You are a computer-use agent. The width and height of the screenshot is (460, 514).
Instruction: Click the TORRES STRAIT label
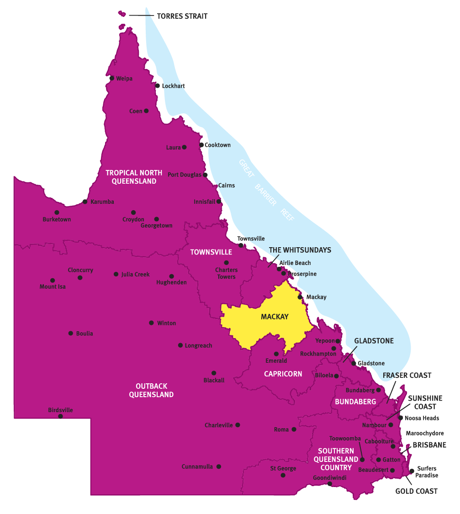click(182, 16)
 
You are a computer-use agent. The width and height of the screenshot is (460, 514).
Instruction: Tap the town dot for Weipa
click(112, 78)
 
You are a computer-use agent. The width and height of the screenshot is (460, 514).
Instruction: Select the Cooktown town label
click(218, 145)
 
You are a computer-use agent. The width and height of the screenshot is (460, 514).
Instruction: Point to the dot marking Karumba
click(85, 201)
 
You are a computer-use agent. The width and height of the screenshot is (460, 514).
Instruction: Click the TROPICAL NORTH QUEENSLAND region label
click(134, 177)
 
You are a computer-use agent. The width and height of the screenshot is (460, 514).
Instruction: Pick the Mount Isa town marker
click(53, 280)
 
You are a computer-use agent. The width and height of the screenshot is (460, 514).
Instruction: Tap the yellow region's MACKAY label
click(275, 317)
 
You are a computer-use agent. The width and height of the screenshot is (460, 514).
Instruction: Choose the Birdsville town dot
click(60, 416)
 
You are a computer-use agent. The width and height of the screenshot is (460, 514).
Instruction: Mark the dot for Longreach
click(180, 345)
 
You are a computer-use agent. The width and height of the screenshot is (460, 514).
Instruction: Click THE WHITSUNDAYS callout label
click(300, 250)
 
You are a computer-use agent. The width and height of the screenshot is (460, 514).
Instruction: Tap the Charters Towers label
click(227, 273)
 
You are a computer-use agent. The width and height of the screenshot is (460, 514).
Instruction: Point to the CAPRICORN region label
click(283, 374)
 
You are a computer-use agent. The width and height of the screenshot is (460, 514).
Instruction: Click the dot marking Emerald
click(276, 354)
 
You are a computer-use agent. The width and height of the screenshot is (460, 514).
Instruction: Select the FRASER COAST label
click(407, 375)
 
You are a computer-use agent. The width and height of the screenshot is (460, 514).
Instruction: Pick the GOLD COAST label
click(416, 491)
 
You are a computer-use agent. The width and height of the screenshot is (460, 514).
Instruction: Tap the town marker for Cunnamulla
click(219, 466)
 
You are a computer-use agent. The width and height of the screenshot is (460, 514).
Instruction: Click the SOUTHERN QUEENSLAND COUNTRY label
click(336, 459)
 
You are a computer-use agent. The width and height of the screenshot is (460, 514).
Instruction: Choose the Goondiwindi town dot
click(330, 483)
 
